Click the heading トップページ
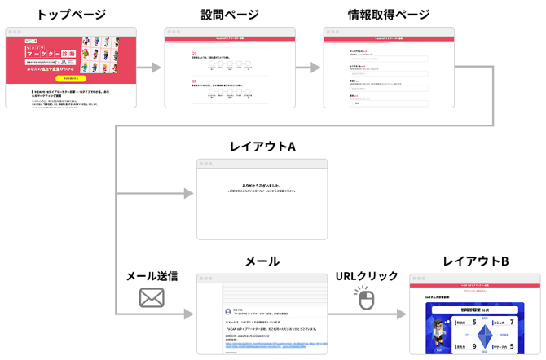pyautogui.click(x=72, y=14)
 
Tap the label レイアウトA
pyautogui.click(x=262, y=147)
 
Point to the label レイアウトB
pyautogui.click(x=476, y=261)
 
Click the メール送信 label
pyautogui.click(x=152, y=276)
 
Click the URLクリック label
pyautogui.click(x=367, y=276)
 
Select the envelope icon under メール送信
pyautogui.click(x=152, y=299)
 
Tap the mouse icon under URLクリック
pyautogui.click(x=366, y=301)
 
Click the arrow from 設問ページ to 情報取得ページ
pyautogui.click(x=308, y=68)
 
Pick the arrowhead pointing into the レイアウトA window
pyautogui.click(x=189, y=194)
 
